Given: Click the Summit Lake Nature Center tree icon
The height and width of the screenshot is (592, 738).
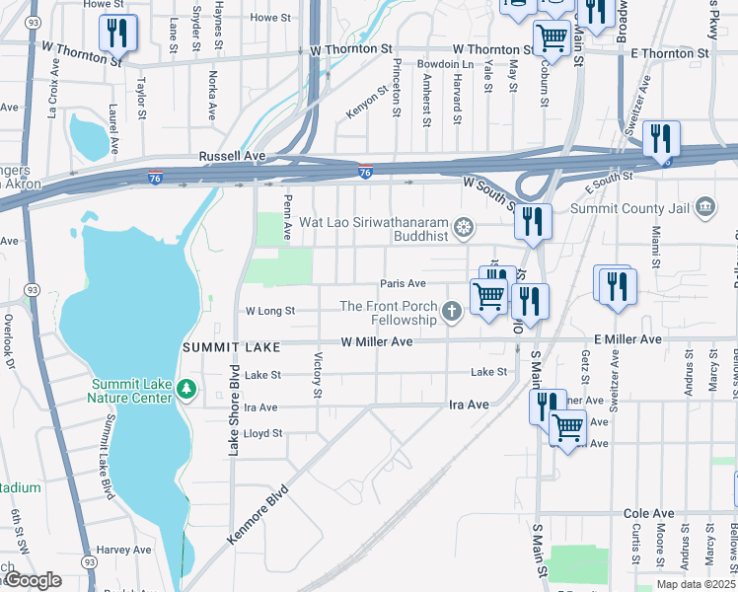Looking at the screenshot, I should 186,392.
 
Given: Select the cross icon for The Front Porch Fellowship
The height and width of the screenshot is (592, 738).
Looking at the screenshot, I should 452,313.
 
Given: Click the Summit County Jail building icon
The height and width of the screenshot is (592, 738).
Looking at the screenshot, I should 705,206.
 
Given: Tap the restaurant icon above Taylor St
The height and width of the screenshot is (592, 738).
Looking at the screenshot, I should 118,34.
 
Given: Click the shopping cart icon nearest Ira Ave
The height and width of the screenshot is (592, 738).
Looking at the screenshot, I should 567,429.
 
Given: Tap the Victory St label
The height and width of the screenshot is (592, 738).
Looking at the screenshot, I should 318,376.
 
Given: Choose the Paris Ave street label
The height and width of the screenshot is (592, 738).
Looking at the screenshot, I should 403,284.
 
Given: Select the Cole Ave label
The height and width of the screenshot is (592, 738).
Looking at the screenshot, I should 648,514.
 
